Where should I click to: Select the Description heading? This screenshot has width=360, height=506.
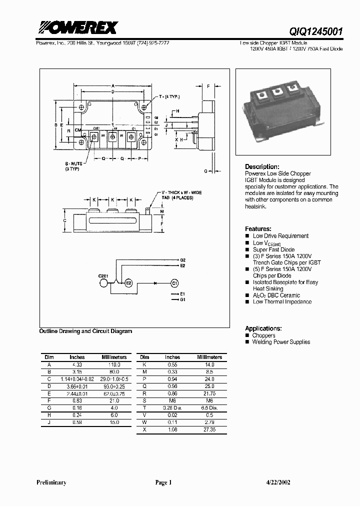click(x=261, y=166)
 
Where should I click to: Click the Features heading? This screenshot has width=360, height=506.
click(x=258, y=228)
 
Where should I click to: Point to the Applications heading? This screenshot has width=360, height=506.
click(x=263, y=328)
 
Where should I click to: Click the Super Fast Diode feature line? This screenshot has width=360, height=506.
click(x=273, y=249)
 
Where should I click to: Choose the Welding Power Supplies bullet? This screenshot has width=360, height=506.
click(x=281, y=342)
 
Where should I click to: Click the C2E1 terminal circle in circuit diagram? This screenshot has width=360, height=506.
click(x=104, y=283)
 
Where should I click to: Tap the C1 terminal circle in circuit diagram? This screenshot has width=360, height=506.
click(x=174, y=283)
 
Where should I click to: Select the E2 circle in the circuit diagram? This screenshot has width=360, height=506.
click(x=128, y=283)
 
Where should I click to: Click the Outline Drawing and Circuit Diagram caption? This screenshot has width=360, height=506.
click(x=85, y=331)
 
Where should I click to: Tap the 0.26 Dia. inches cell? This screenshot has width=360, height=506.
click(x=172, y=408)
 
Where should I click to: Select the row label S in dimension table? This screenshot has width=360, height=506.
click(x=144, y=401)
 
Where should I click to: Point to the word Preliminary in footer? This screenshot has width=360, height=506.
click(x=51, y=482)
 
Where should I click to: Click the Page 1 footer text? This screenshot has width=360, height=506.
click(x=163, y=482)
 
